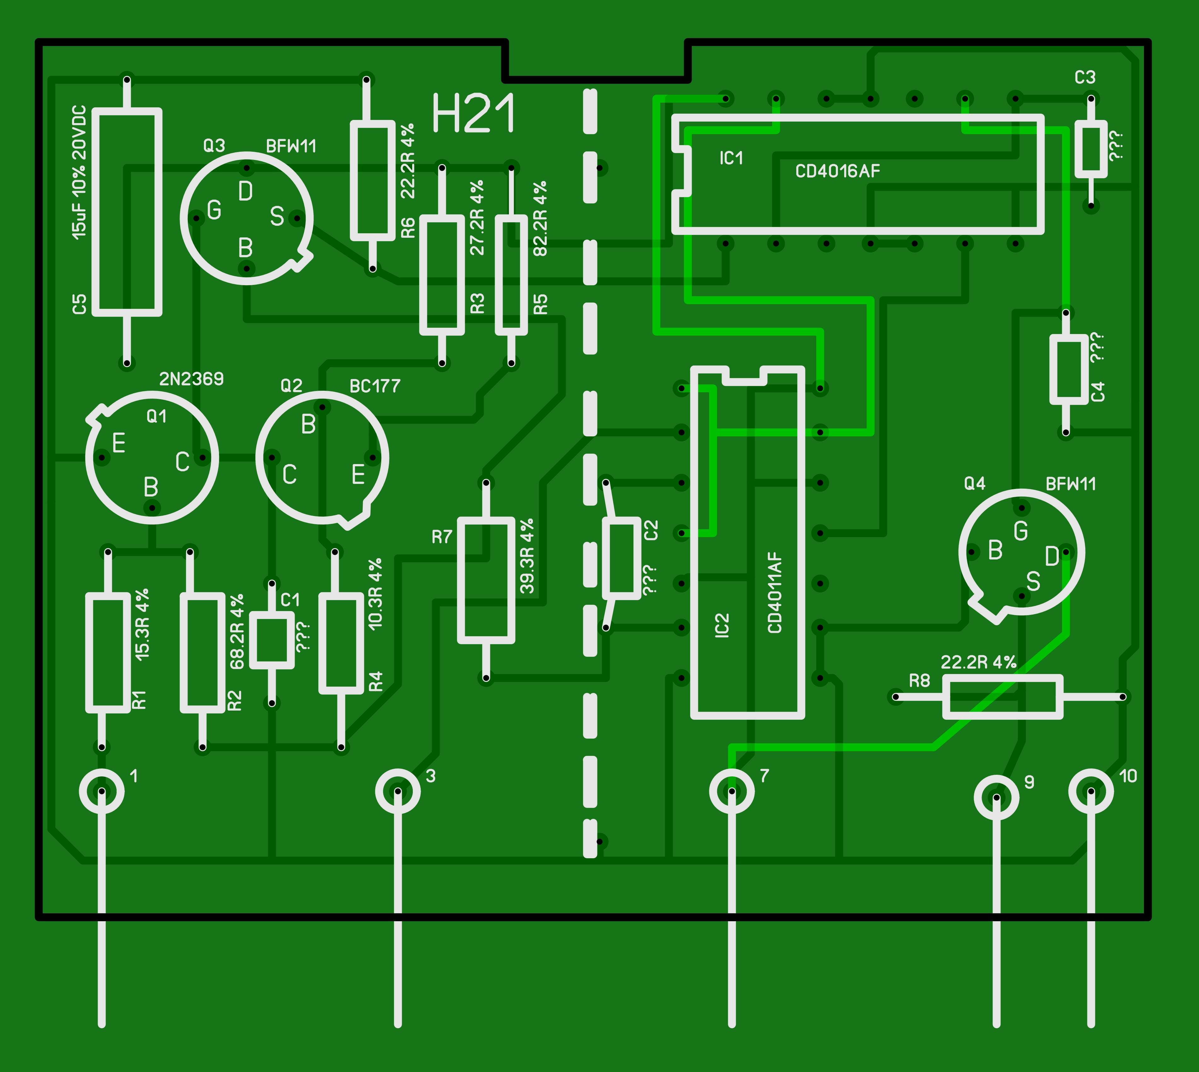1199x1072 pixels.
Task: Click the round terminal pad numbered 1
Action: pyautogui.click(x=102, y=791)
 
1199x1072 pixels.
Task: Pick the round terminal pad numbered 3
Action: pyautogui.click(x=398, y=791)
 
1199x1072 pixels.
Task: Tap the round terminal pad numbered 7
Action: pyautogui.click(x=732, y=791)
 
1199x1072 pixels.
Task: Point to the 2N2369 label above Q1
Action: pyautogui.click(x=192, y=379)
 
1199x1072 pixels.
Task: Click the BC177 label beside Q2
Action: pyautogui.click(x=375, y=386)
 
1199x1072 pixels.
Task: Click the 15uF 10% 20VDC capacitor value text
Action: pyautogui.click(x=79, y=172)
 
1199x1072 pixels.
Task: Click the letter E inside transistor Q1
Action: pyautogui.click(x=118, y=443)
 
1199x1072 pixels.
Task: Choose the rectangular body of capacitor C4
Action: pyautogui.click(x=1069, y=369)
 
